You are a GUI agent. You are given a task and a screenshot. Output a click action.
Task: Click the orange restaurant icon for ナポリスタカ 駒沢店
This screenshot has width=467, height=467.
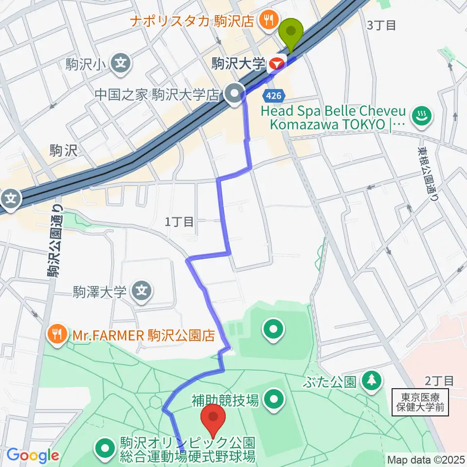(268, 20)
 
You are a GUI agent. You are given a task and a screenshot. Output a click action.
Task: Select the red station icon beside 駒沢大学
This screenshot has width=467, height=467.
(277, 63)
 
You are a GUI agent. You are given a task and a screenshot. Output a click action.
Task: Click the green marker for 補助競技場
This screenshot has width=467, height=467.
(273, 400)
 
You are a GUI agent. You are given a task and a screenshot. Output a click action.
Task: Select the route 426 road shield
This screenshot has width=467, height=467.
(273, 93)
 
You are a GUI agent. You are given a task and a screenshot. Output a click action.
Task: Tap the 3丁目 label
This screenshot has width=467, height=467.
(383, 25)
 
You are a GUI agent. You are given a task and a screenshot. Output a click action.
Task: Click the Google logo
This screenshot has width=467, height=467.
(33, 456)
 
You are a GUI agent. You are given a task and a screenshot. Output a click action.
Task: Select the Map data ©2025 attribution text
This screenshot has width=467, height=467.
(426, 459)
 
